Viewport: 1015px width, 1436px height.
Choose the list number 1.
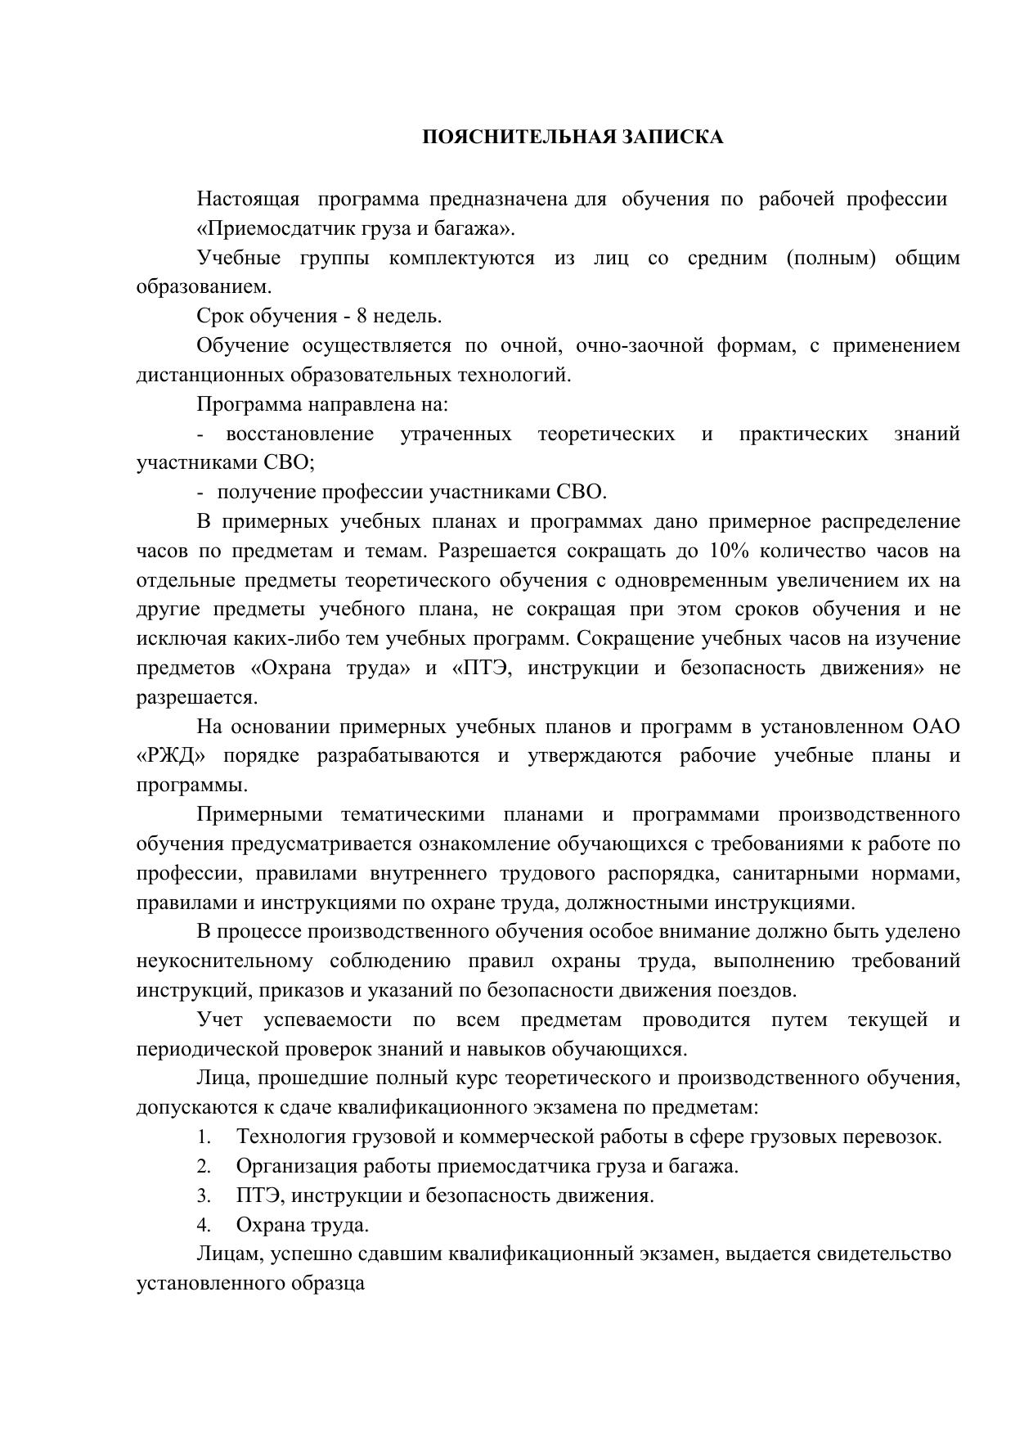click(x=204, y=1137)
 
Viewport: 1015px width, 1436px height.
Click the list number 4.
click(x=204, y=1225)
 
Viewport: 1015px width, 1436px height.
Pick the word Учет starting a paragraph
click(x=221, y=1020)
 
